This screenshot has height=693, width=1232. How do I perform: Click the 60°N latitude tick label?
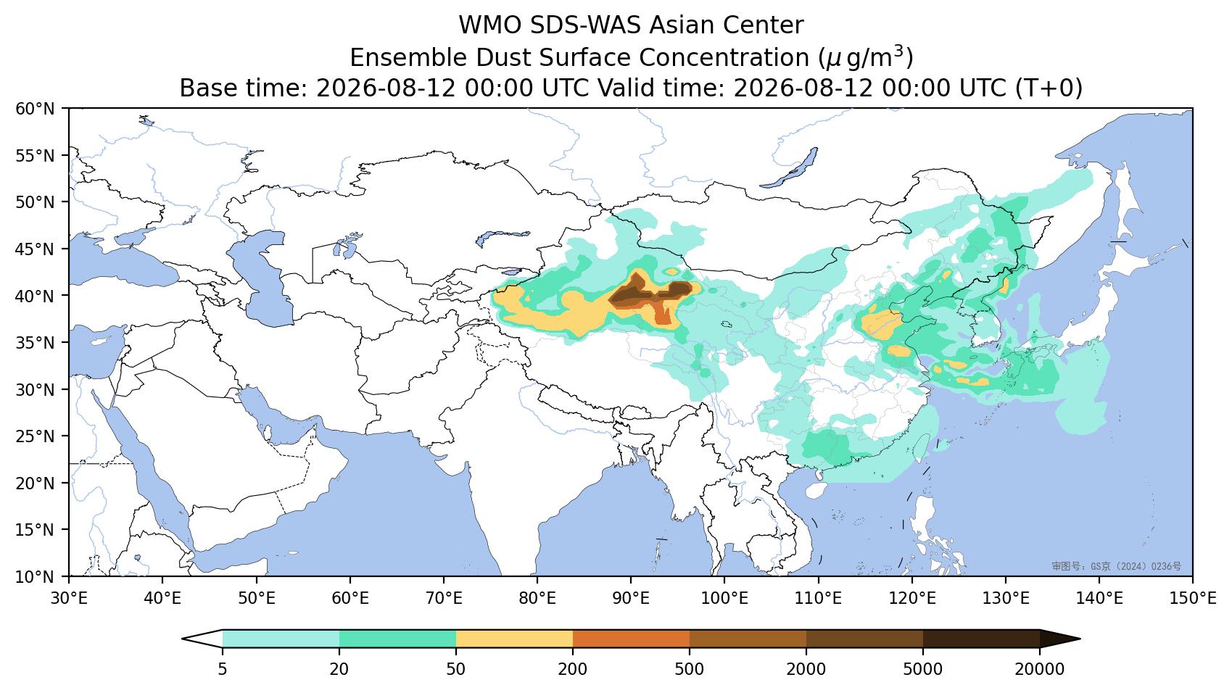click(36, 109)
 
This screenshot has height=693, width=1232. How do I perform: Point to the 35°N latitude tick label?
click(36, 343)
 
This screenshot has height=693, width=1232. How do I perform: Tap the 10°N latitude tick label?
click(36, 577)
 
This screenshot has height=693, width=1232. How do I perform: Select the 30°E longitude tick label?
click(69, 598)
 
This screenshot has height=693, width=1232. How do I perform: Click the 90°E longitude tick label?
click(631, 598)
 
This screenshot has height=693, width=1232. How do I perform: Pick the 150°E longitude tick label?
click(1193, 598)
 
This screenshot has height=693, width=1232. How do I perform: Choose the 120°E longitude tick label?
click(912, 598)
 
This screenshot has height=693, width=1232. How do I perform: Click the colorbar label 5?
click(222, 669)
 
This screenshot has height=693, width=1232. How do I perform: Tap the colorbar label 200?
click(573, 669)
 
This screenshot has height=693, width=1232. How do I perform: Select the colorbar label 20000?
click(1040, 669)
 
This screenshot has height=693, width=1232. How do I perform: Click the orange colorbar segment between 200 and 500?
click(631, 639)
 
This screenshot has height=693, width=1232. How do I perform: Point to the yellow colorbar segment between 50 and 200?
click(514, 639)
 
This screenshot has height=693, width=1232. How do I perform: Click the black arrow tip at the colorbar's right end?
click(1080, 639)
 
